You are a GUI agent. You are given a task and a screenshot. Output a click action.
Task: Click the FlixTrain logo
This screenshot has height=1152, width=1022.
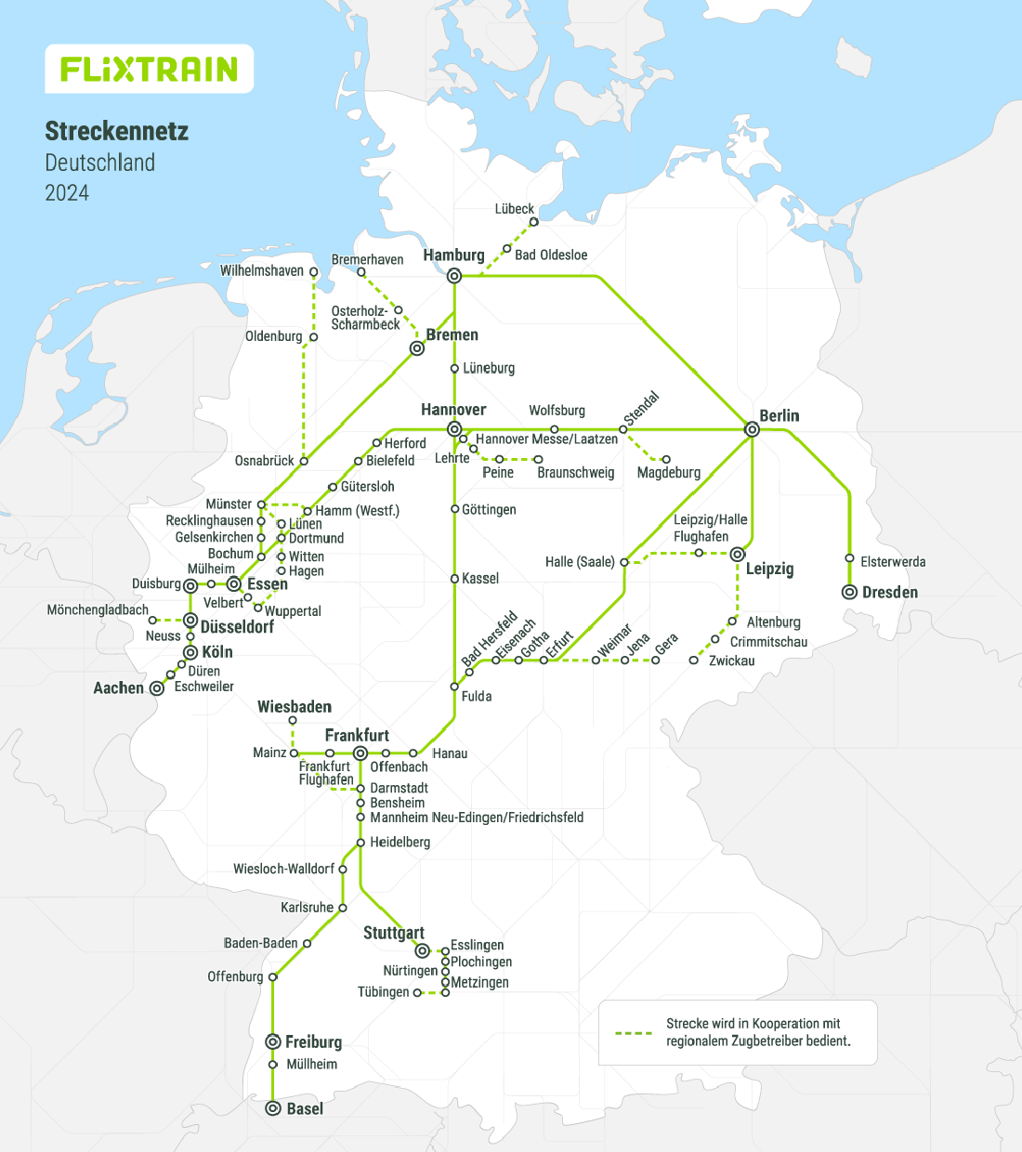coord(150,69)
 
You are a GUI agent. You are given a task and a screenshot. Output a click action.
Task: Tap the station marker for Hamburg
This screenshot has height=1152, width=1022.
coord(454,276)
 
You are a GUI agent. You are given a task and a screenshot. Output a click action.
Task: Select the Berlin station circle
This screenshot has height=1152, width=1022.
coord(753,429)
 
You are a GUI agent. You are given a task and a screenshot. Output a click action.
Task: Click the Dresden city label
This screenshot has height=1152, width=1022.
coord(889,593)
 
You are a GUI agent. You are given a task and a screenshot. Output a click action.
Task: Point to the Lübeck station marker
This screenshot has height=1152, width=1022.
coord(533,222)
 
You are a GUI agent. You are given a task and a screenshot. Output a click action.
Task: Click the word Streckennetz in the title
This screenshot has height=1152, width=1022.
coord(116,131)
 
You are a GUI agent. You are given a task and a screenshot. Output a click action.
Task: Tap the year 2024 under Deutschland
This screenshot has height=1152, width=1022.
coord(67,193)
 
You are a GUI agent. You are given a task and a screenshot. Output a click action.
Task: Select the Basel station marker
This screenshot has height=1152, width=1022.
coord(273,1108)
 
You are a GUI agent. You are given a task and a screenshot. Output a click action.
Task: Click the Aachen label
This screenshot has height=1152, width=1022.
coord(119,688)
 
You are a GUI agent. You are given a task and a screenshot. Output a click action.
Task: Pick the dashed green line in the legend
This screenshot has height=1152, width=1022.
coord(634,1033)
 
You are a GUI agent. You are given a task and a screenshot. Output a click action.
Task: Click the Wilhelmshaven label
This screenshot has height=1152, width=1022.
coord(262,271)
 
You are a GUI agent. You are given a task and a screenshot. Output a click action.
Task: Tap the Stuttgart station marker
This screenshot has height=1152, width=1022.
coord(422,950)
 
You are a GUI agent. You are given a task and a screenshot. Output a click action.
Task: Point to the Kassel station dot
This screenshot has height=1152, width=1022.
coord(454,579)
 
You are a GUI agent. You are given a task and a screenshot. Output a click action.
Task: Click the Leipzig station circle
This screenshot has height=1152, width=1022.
coord(738,555)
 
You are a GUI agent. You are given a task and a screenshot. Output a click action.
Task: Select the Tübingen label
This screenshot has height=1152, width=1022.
coord(383,992)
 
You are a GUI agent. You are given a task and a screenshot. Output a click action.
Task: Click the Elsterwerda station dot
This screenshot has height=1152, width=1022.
coord(849,558)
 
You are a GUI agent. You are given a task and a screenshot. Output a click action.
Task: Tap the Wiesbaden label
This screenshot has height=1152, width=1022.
coord(295,707)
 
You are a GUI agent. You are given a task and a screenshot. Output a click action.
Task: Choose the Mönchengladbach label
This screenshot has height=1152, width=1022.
coord(98,610)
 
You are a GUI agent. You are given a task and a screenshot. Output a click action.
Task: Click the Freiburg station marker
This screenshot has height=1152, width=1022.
coord(273,1041)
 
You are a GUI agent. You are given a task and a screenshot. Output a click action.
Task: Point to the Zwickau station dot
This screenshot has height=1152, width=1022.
coord(693,661)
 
